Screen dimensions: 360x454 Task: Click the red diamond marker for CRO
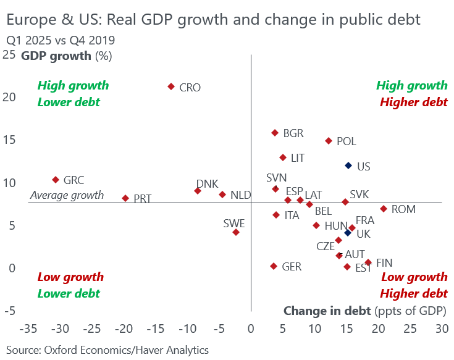pyautogui.click(x=171, y=86)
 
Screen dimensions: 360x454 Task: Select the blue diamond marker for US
pyautogui.click(x=348, y=165)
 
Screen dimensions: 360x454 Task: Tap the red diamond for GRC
pyautogui.click(x=56, y=180)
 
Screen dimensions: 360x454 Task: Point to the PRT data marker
pyautogui.click(x=125, y=198)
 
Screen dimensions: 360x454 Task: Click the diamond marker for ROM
pyautogui.click(x=384, y=209)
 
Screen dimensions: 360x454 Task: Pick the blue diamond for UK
pyautogui.click(x=348, y=233)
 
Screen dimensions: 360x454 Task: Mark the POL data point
pyautogui.click(x=329, y=141)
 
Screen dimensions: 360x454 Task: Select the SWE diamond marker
pyautogui.click(x=236, y=232)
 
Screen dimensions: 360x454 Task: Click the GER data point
pyautogui.click(x=274, y=266)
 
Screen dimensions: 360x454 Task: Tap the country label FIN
pyautogui.click(x=384, y=263)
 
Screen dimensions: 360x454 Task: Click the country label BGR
pyautogui.click(x=293, y=133)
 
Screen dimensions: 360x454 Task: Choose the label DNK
pyautogui.click(x=207, y=184)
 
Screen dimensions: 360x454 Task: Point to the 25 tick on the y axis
pyautogui.click(x=9, y=55)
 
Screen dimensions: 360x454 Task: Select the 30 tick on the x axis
pyautogui.click(x=441, y=327)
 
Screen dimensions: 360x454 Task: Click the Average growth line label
pyautogui.click(x=67, y=196)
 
